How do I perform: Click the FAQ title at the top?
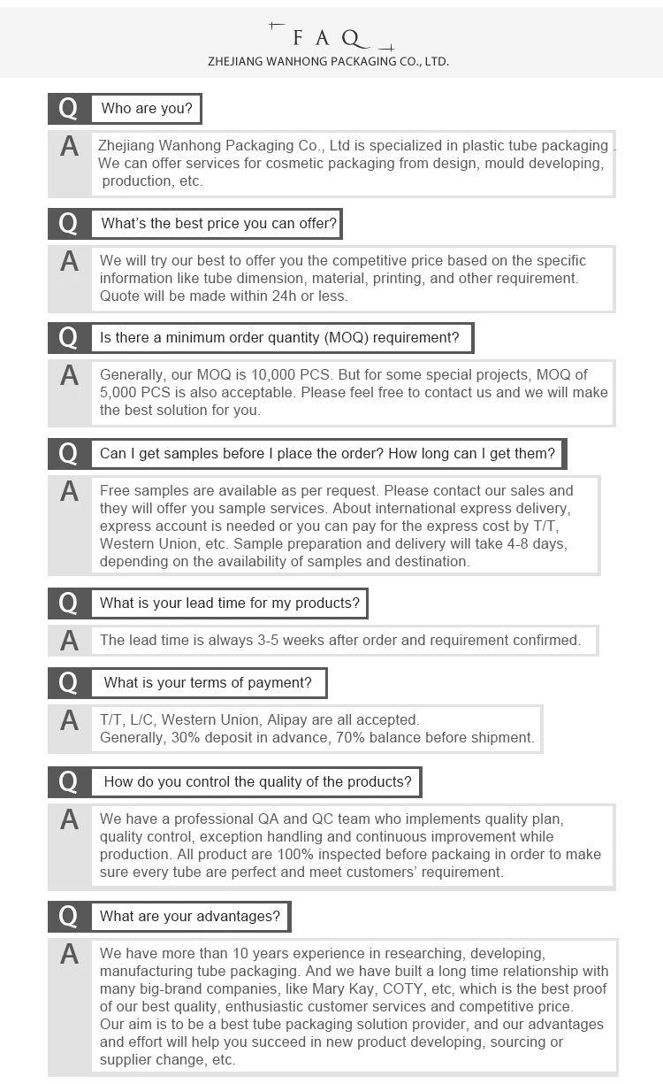[x=329, y=37]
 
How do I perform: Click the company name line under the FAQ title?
[x=328, y=62]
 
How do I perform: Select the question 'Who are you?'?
[x=147, y=109]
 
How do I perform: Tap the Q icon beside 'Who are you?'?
[x=69, y=109]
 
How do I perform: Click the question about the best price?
[x=218, y=224]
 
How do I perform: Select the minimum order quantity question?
[x=279, y=338]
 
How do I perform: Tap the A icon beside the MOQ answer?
[x=69, y=376]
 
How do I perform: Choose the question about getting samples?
[x=327, y=454]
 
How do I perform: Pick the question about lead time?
[x=230, y=604]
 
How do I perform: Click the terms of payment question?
[x=208, y=683]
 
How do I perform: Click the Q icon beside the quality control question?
[x=69, y=782]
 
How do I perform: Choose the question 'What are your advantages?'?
[x=190, y=917]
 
